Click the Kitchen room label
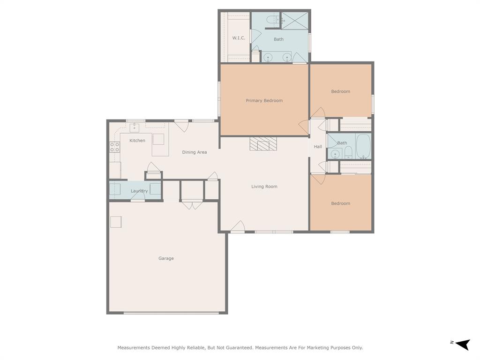[137, 141]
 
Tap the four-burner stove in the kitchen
[114, 147]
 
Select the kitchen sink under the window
[135, 127]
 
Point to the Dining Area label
[194, 152]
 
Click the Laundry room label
[139, 191]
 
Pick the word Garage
[166, 258]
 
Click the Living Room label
[264, 187]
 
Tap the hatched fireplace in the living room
[263, 143]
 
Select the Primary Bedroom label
[264, 101]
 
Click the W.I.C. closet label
[239, 38]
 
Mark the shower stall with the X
[294, 21]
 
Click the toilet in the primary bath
[272, 20]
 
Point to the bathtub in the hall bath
[363, 146]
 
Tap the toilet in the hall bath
[348, 152]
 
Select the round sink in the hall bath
[335, 154]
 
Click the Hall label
[318, 147]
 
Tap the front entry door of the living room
[238, 226]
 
